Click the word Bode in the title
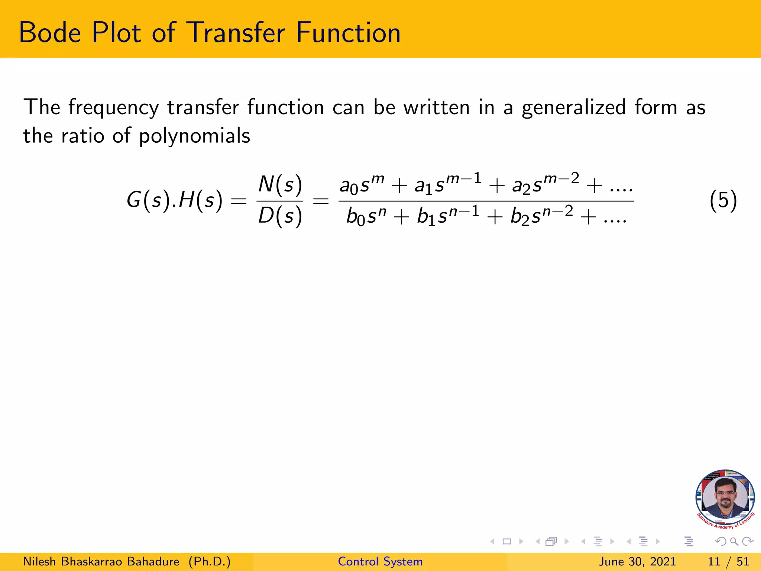tap(50, 33)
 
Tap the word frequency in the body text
tap(113, 108)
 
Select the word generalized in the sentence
tap(574, 108)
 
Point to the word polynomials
tap(194, 136)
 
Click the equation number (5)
tap(723, 200)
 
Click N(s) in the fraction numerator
tap(280, 184)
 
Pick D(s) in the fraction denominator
tap(280, 216)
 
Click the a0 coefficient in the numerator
tap(349, 186)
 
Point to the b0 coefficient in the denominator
tap(355, 217)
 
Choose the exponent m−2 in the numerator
tap(561, 178)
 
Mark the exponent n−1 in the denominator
tap(464, 211)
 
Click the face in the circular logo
tap(725, 497)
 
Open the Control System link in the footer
tap(380, 561)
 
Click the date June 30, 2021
tap(637, 561)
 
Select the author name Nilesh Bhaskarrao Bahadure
tap(101, 561)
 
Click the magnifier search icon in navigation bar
tap(734, 542)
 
